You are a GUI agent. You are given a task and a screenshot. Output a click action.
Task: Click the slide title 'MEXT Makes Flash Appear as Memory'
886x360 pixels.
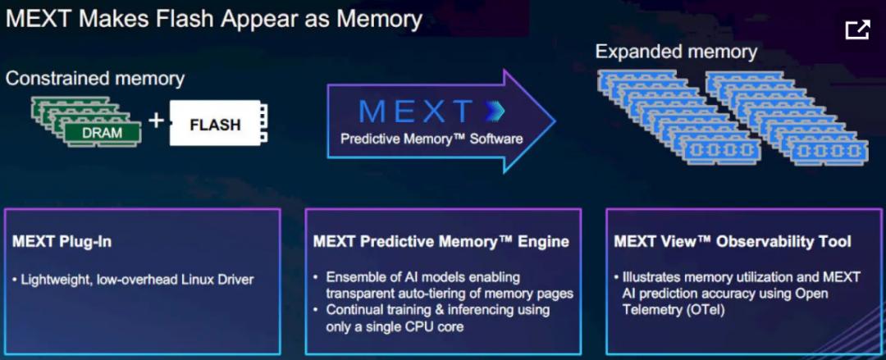point(213,19)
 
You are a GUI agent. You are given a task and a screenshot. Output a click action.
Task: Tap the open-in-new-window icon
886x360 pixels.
point(857,30)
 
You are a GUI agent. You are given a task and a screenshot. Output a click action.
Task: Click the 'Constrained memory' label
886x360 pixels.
point(95,78)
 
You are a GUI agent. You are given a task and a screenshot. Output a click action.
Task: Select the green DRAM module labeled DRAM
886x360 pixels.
point(102,133)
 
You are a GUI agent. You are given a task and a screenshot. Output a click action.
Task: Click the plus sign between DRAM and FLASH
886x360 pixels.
point(155,120)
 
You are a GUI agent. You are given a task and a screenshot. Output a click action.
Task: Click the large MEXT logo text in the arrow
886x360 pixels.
point(415,112)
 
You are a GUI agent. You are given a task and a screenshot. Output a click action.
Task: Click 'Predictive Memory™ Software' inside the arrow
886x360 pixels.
point(432,139)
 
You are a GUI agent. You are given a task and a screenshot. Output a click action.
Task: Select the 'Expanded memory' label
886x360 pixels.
point(676,52)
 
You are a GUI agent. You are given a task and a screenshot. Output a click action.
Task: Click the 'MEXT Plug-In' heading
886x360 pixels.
point(62,242)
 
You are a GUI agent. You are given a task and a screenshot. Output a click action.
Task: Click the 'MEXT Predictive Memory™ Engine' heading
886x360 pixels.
point(441,242)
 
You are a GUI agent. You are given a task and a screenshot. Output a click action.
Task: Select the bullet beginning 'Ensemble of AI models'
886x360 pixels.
point(444,285)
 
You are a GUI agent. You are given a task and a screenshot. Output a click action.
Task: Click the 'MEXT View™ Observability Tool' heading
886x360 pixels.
point(733,242)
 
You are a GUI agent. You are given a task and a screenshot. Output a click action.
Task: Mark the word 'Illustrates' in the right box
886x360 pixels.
point(650,277)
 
